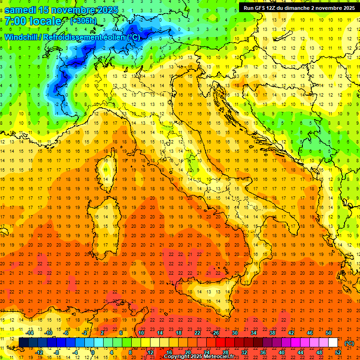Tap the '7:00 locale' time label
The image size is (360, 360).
coord(33,21)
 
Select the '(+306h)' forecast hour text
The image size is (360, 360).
coord(84,21)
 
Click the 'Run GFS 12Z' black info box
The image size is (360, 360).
coord(299,7)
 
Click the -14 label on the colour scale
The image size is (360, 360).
coord(30,332)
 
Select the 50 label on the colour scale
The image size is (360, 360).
coord(329,332)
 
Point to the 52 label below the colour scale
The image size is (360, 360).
coord(338,352)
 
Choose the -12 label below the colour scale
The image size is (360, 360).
coord(39,352)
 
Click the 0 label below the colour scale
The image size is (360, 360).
coord(93,352)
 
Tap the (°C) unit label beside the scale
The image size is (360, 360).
coord(349,343)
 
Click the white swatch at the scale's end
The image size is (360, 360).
coord(333,342)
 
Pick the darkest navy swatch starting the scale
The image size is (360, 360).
coord(23,342)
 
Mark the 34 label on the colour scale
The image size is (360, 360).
coord(254,332)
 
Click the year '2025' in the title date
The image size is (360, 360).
coord(107,10)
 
